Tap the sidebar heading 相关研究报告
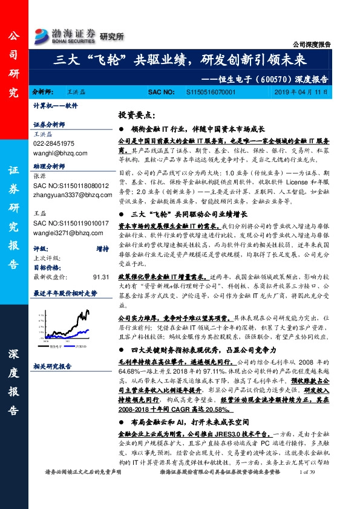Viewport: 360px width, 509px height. [x=53, y=366]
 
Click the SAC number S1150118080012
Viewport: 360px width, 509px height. [x=72, y=186]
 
